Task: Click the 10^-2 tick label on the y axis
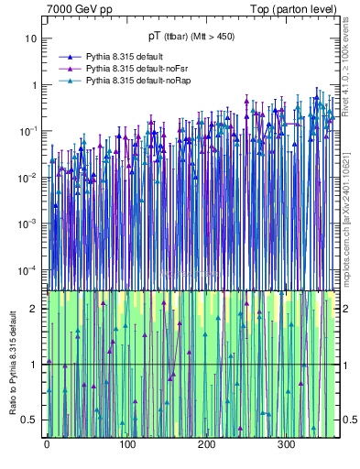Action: [x=29, y=178]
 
